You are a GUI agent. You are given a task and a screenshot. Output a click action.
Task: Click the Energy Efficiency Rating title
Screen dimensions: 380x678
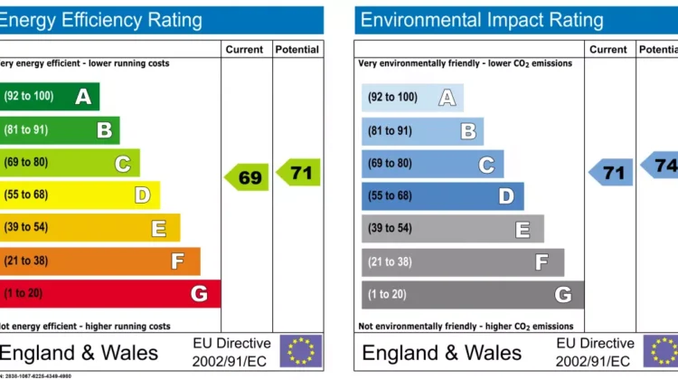tap(101, 20)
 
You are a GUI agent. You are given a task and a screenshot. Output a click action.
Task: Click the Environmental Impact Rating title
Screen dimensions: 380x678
tap(480, 20)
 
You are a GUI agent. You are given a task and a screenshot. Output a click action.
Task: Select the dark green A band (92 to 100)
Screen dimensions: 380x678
tap(49, 96)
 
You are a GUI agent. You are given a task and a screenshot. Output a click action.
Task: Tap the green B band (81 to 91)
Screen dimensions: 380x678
tap(59, 129)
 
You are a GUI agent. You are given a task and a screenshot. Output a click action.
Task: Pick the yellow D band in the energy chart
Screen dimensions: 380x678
tap(80, 195)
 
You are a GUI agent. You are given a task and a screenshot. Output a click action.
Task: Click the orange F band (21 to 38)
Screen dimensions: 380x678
tap(99, 261)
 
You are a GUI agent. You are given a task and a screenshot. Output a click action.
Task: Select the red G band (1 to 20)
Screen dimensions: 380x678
tap(109, 293)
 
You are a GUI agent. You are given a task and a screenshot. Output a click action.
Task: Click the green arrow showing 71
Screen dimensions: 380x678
tap(299, 172)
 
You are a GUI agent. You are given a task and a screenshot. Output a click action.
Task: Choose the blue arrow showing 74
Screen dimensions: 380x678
tap(661, 165)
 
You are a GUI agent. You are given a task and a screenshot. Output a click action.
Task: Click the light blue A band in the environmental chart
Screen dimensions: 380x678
tap(412, 97)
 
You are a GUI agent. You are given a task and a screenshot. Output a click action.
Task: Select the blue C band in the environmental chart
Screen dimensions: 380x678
tap(432, 164)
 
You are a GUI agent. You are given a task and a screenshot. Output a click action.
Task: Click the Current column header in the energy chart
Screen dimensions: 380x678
tap(245, 50)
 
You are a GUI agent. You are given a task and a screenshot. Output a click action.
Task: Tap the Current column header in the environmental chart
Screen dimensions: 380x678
tap(608, 50)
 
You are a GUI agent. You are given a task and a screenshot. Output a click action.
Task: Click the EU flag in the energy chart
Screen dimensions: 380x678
tap(300, 351)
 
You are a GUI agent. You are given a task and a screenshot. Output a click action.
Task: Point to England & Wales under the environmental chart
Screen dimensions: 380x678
tap(441, 352)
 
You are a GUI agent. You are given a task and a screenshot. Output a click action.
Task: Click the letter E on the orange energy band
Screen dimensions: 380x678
tap(158, 228)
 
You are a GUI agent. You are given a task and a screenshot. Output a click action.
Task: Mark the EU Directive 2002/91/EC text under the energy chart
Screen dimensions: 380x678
tap(231, 352)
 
